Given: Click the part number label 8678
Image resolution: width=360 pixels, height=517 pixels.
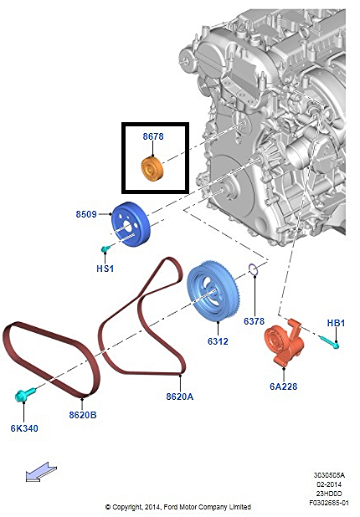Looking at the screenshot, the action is [x=153, y=136].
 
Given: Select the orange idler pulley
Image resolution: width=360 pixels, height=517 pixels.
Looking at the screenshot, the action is [x=152, y=169].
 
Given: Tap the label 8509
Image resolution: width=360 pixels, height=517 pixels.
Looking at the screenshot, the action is [x=86, y=214].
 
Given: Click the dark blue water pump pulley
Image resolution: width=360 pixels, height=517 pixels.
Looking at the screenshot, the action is [x=131, y=224].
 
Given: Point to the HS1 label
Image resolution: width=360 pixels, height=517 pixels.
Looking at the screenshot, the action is [x=105, y=269].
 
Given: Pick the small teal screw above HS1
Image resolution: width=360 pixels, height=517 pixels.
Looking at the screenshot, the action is [x=105, y=248].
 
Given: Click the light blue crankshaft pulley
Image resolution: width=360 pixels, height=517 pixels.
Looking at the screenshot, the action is [x=213, y=291].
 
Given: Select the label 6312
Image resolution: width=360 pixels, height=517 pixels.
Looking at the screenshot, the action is [x=218, y=341].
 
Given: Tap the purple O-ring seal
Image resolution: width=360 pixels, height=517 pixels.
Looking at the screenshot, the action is [x=253, y=269].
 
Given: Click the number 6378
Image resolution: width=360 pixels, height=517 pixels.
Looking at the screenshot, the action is [x=254, y=320].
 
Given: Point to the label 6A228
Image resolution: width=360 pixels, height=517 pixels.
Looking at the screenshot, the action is [x=284, y=386].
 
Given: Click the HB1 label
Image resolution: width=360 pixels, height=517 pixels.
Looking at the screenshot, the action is [x=336, y=323].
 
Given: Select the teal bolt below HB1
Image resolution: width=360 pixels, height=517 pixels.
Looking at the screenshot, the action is [x=329, y=342].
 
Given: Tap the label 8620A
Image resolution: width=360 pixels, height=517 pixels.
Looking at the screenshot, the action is [x=180, y=397].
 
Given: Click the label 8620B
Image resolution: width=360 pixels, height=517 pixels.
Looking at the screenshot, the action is [x=83, y=415].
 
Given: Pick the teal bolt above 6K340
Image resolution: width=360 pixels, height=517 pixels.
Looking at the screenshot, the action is [x=25, y=395].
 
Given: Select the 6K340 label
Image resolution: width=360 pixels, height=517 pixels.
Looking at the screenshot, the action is [x=24, y=428].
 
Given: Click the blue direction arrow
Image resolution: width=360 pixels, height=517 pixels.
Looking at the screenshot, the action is [x=41, y=472].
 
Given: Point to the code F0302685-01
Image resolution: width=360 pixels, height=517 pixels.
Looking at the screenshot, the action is [x=329, y=503].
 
